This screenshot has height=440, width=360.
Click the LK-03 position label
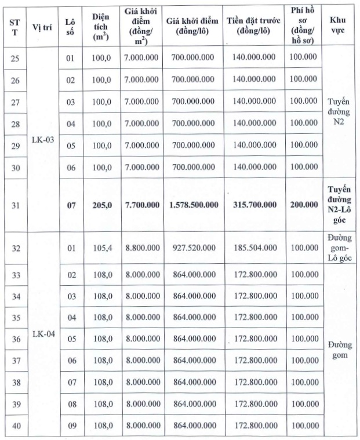(x=42, y=140)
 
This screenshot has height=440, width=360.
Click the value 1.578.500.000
(x=194, y=205)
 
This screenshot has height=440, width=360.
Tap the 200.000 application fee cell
(x=304, y=205)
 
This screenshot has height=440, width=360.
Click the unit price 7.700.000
(x=142, y=205)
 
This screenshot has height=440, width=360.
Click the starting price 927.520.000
(x=194, y=248)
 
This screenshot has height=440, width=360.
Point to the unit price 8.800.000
(x=142, y=248)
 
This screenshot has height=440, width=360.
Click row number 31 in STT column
(x=16, y=205)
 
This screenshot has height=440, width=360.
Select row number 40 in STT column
(x=16, y=427)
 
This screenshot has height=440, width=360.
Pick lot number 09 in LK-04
(x=71, y=427)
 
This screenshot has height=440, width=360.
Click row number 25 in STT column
(x=16, y=57)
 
